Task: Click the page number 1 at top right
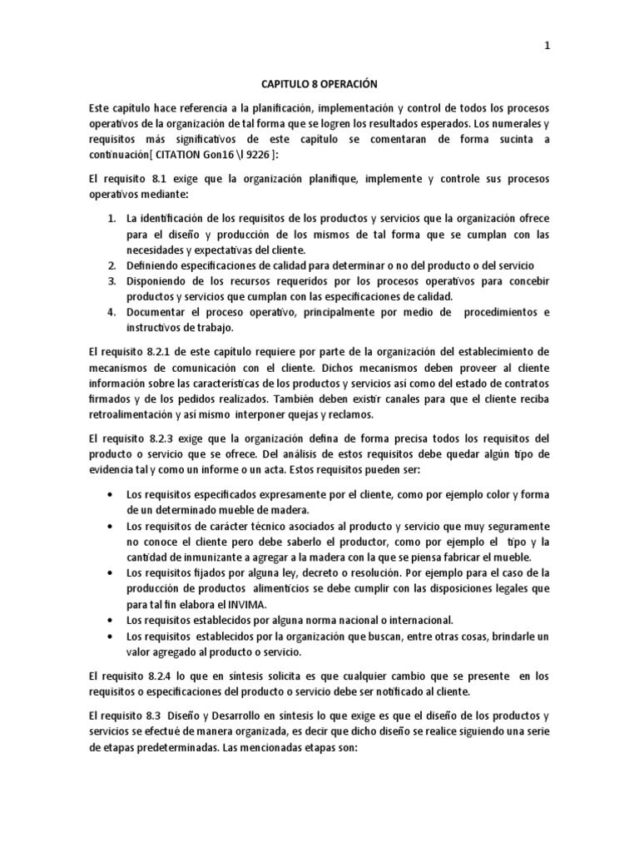click(546, 47)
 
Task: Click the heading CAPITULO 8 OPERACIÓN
click(319, 85)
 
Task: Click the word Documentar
click(157, 312)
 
